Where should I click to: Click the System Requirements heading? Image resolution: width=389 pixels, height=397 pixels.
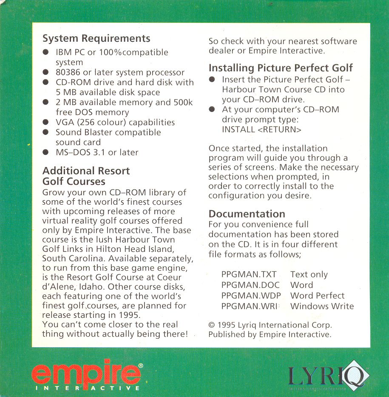point(96,38)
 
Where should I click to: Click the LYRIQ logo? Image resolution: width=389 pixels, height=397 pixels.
point(329,376)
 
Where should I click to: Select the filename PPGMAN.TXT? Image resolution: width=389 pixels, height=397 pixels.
point(249,274)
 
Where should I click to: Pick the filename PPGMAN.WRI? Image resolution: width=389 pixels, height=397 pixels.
point(249,306)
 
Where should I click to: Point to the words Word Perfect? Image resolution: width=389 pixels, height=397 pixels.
point(317,295)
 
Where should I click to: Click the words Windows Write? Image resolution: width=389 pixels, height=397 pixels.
point(322,306)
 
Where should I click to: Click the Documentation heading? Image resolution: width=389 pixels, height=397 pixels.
point(247,214)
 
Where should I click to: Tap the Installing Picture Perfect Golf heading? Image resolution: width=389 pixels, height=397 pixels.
point(281,68)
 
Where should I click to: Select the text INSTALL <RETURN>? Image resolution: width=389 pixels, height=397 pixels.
point(261,130)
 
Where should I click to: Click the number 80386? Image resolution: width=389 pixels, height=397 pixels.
point(68,72)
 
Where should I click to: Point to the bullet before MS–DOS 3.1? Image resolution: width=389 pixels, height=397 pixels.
point(46,152)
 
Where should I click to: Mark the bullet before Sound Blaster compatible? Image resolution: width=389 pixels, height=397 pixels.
point(46,132)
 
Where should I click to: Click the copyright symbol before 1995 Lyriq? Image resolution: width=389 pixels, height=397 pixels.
point(212,325)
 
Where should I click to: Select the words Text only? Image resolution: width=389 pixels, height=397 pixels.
point(309,274)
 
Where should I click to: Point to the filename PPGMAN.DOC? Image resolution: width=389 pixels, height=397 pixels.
point(249,285)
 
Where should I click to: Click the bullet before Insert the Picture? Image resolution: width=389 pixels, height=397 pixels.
point(212,80)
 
